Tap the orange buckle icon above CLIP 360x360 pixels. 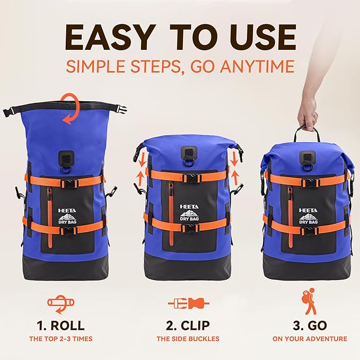188,303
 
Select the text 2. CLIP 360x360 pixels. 188,325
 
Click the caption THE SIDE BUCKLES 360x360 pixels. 188,339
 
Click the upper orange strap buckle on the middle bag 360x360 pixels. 189,176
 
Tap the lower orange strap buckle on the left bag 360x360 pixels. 69,230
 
